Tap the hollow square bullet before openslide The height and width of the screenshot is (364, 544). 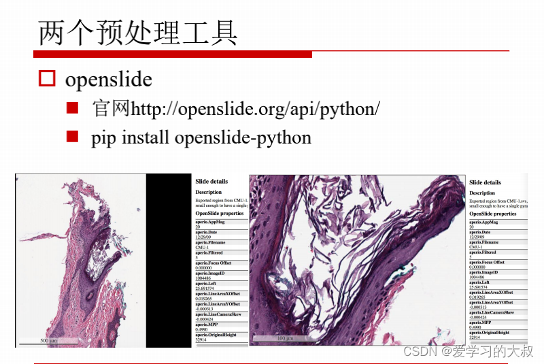(46, 79)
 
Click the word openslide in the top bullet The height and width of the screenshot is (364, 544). (108, 80)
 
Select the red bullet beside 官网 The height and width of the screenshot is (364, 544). (73, 108)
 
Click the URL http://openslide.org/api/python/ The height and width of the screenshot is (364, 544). (255, 109)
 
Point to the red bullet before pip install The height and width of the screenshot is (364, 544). (73, 137)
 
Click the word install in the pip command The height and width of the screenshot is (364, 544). (146, 137)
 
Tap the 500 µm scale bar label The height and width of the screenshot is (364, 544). (49, 340)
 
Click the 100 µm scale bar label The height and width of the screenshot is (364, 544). (284, 338)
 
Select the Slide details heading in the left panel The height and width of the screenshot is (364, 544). (211, 182)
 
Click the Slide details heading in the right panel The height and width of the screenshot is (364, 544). (485, 182)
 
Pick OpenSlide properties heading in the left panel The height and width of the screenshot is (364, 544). (220, 213)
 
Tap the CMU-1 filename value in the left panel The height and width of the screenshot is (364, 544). (202, 248)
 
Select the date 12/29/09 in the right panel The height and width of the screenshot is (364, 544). (478, 237)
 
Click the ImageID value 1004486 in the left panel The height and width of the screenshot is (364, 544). (204, 277)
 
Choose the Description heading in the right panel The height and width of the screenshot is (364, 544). (482, 193)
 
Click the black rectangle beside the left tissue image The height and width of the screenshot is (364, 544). (169, 259)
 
